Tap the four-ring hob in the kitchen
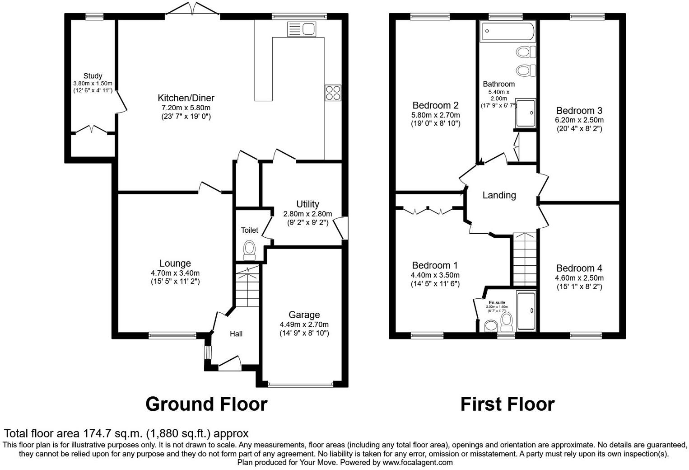(x=333, y=93)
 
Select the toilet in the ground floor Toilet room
(x=249, y=250)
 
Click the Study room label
(x=93, y=76)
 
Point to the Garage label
(x=304, y=315)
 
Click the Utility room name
(x=307, y=204)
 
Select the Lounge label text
(x=175, y=263)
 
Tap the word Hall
(x=236, y=334)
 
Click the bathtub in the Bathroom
(x=508, y=31)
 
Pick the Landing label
(x=499, y=195)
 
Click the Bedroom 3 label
(x=579, y=111)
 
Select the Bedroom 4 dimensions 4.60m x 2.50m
(x=579, y=278)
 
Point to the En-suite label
(x=497, y=302)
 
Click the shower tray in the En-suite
(x=526, y=311)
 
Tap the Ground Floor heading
(x=206, y=404)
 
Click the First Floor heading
(x=507, y=404)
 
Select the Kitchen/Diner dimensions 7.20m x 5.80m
(x=186, y=108)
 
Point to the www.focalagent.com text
(x=417, y=462)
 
